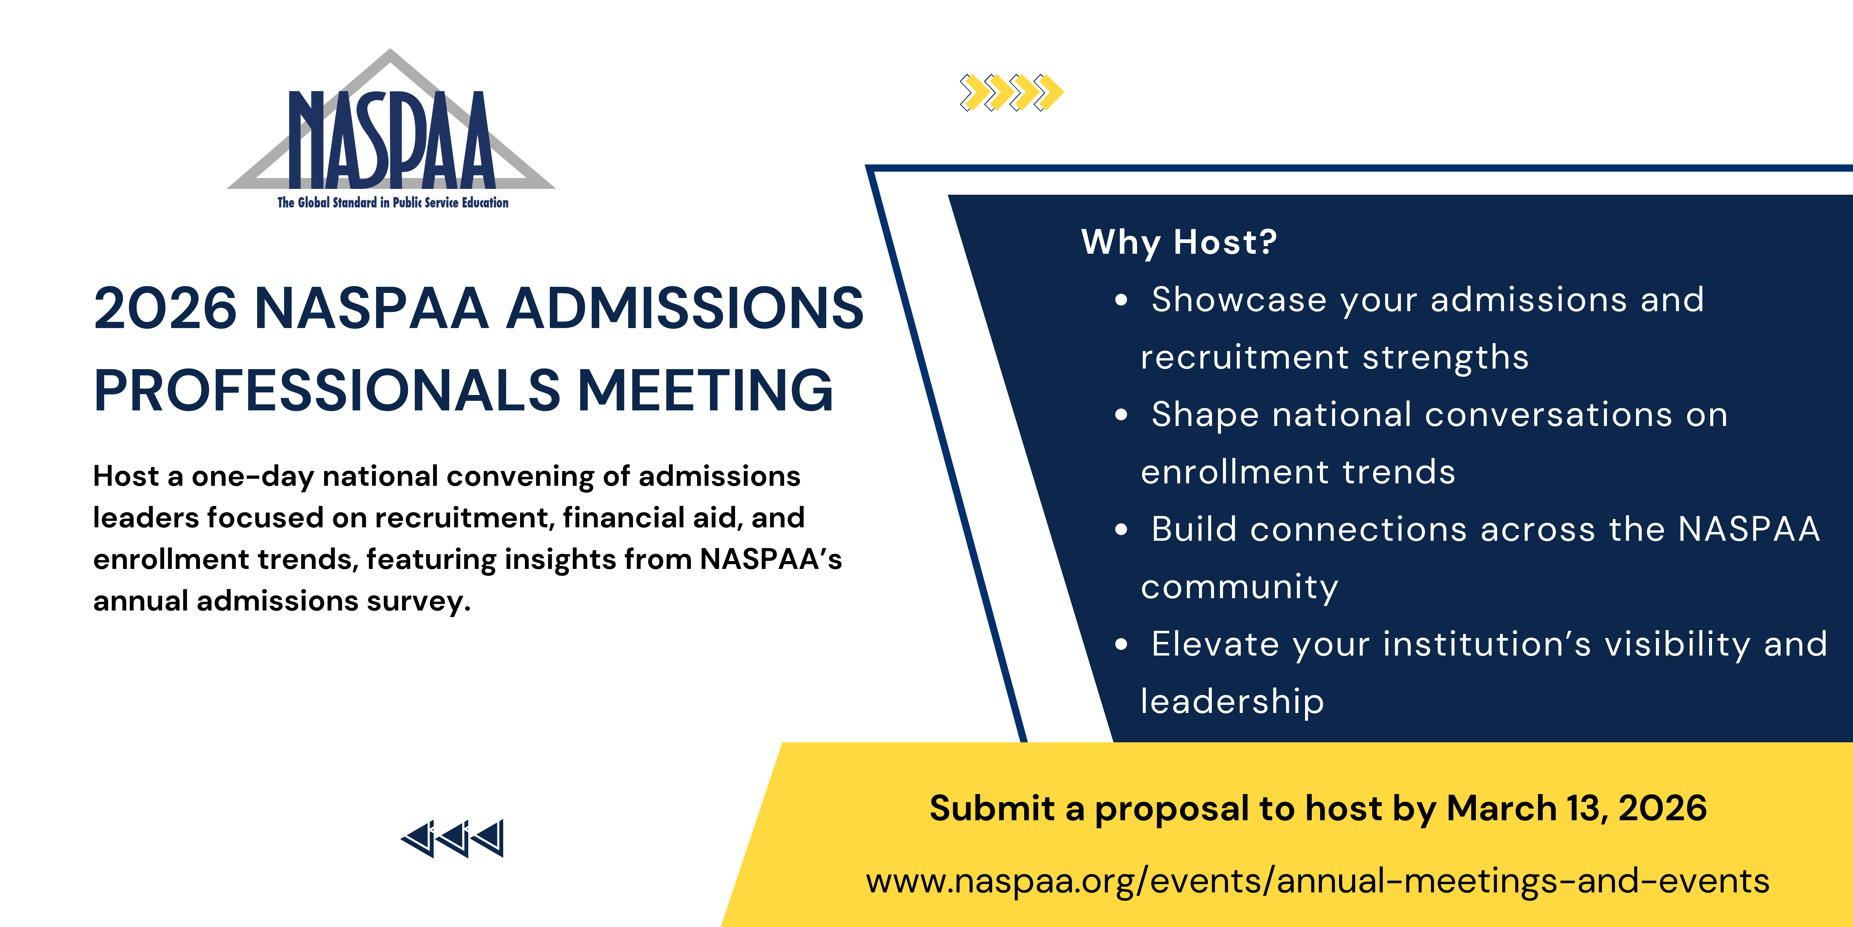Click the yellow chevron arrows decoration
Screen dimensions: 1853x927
tap(1011, 92)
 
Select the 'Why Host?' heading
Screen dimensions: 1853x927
tap(1179, 242)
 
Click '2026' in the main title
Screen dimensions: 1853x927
tap(165, 308)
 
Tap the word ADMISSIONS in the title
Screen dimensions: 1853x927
tap(685, 308)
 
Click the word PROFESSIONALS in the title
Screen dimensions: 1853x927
tap(327, 390)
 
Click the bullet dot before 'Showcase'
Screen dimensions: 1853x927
tap(1121, 301)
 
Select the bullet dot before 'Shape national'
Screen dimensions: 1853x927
tap(1121, 415)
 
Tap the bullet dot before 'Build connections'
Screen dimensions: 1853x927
tap(1121, 530)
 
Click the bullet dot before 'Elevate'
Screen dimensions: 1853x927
tap(1121, 644)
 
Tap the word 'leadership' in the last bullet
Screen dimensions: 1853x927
tap(1232, 702)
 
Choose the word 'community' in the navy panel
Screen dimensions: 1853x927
tap(1239, 587)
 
